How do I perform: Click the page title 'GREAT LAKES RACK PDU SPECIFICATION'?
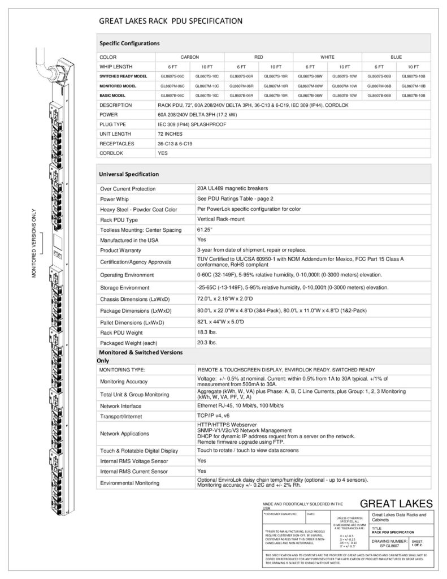(171, 21)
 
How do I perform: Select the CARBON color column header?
(189, 57)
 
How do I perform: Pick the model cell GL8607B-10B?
(413, 96)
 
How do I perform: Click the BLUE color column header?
(396, 57)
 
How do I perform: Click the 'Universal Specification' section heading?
(129, 174)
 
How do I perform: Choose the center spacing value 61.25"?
(205, 230)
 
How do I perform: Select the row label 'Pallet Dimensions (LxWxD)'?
(132, 322)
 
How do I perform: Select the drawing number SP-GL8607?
(390, 545)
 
